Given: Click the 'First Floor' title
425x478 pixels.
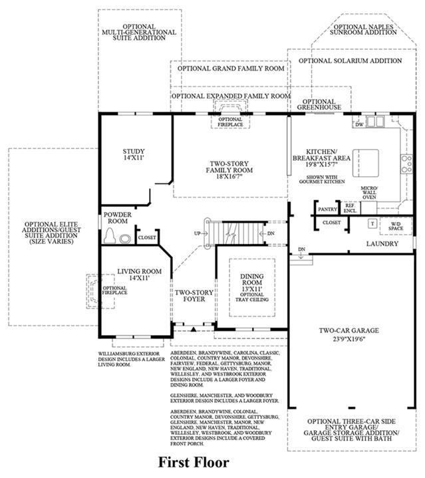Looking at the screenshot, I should point(193,461).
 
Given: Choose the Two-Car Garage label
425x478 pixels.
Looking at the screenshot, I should point(348,334).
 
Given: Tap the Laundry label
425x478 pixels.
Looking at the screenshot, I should point(382,244).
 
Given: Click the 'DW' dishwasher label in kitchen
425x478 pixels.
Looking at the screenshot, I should point(359,124).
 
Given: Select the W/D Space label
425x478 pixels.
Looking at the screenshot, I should point(396,225).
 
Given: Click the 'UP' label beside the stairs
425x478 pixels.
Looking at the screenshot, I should point(197,233).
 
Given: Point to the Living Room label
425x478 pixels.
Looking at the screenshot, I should point(140,275).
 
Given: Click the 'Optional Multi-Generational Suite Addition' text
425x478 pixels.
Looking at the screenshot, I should point(139,32).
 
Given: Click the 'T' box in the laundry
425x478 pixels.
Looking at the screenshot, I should point(372,223).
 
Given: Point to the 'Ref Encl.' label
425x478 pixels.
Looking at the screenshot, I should point(350,209).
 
